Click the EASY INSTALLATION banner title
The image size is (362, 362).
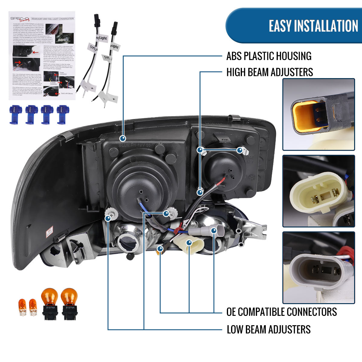[313, 26]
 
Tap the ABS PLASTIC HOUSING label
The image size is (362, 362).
[269, 56]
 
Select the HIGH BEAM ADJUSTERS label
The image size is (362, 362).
[269, 72]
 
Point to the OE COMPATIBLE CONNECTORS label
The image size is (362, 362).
[281, 312]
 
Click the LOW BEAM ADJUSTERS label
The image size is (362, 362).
[268, 329]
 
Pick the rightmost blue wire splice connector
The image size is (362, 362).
[63, 114]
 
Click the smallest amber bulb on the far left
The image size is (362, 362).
[23, 307]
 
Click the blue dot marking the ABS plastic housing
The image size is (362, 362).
[123, 138]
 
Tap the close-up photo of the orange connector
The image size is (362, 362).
[318, 114]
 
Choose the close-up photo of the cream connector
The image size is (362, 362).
[318, 191]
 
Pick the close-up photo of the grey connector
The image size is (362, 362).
[318, 268]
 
